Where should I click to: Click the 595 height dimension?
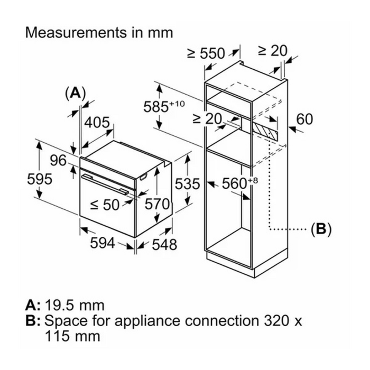[x=40, y=179]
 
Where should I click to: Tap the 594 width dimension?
[x=102, y=243]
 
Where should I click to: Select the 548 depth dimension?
[x=164, y=244]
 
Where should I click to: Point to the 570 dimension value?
[x=157, y=204]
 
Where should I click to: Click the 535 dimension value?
[x=187, y=184]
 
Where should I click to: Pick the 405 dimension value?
[x=97, y=122]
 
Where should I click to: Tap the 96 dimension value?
[x=58, y=161]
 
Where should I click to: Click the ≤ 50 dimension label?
[x=105, y=205]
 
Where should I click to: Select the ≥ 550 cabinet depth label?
[x=206, y=53]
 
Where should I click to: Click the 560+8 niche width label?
[x=240, y=183]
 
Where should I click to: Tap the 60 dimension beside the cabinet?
[x=304, y=119]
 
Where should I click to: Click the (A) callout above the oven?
[x=75, y=92]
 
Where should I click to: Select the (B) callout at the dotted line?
[x=321, y=229]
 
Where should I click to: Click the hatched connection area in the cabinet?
[x=265, y=130]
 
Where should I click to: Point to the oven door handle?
[x=105, y=184]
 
